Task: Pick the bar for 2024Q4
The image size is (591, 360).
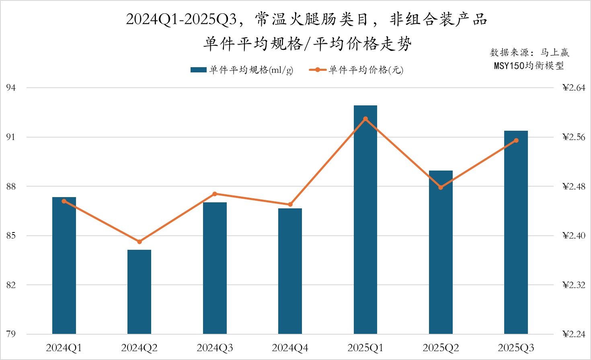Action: [290, 272]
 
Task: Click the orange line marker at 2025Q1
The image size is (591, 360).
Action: [365, 119]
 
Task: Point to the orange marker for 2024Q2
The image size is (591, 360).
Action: [140, 242]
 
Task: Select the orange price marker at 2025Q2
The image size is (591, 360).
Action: [441, 187]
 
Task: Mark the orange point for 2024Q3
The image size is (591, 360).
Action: [215, 194]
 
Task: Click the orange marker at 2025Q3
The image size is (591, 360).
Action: [516, 140]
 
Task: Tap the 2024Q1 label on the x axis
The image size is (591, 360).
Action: [64, 348]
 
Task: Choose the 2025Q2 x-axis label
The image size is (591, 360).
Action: [441, 348]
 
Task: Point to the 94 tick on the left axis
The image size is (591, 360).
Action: [11, 88]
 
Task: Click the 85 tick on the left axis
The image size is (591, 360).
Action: [11, 236]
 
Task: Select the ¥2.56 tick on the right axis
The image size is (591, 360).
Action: [574, 137]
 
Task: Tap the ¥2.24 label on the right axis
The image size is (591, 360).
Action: [574, 334]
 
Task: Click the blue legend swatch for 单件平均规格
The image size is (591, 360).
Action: [198, 70]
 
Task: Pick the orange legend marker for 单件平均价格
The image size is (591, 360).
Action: [318, 70]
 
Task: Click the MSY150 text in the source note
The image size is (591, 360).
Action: [509, 66]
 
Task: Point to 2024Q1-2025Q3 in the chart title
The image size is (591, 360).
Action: [181, 19]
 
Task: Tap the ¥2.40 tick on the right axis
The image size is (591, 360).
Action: [574, 236]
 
